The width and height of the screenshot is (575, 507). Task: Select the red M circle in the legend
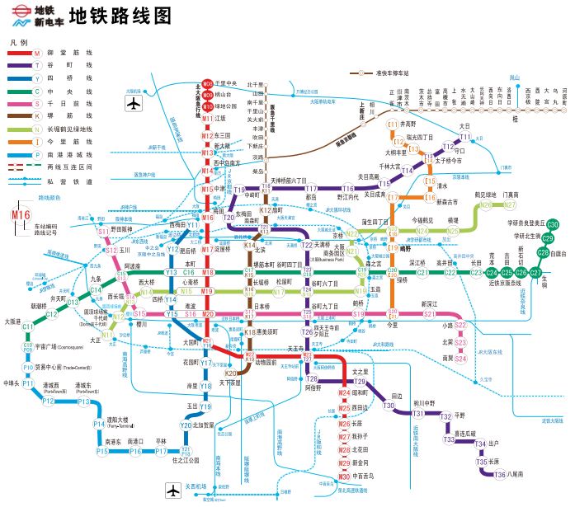[37, 53]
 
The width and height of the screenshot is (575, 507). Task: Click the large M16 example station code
[21, 216]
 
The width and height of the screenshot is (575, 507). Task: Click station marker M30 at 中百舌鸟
[345, 476]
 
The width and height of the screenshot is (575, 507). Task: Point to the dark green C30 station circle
[552, 225]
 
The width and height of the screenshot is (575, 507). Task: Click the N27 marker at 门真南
[510, 204]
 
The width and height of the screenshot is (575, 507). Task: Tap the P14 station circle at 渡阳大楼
[98, 425]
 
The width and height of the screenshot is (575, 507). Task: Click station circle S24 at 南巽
[460, 358]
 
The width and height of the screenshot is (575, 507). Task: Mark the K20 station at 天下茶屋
[232, 373]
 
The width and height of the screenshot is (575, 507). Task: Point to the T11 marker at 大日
[464, 136]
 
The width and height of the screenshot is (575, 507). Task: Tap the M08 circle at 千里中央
[208, 84]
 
